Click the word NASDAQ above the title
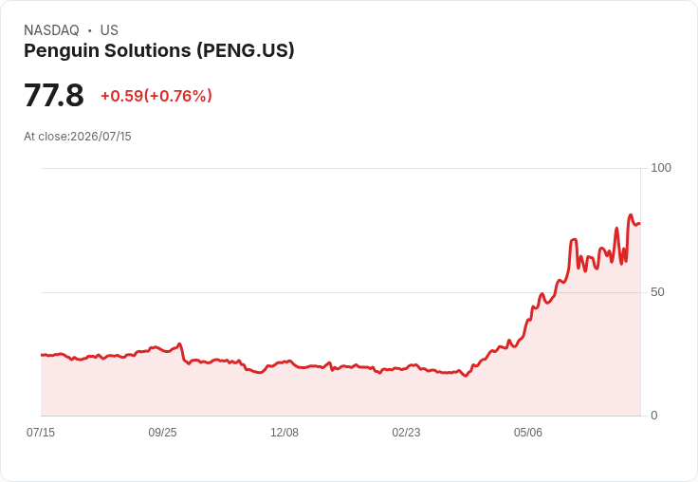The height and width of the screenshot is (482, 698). click(x=51, y=30)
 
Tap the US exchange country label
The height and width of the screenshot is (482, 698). click(x=109, y=30)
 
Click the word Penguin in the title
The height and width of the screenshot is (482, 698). click(x=63, y=51)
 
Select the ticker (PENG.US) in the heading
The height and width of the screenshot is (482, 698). click(x=246, y=50)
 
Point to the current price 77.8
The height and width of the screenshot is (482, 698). click(x=54, y=95)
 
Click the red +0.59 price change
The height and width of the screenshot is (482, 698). click(x=122, y=96)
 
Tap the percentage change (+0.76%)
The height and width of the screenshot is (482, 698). click(x=178, y=96)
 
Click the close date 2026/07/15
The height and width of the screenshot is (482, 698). click(x=101, y=137)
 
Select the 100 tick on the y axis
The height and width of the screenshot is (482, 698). click(x=661, y=168)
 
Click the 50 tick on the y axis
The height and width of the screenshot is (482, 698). click(x=657, y=292)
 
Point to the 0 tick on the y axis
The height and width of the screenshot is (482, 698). click(x=654, y=416)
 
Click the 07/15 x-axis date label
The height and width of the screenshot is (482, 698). click(x=41, y=432)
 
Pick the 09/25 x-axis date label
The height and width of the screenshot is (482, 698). click(x=162, y=432)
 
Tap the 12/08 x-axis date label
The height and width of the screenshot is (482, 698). click(x=285, y=432)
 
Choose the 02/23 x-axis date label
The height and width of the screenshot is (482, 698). click(x=406, y=432)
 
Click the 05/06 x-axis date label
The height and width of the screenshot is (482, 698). click(x=528, y=432)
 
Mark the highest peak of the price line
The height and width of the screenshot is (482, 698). click(x=631, y=215)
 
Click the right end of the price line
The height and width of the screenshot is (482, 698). click(x=640, y=224)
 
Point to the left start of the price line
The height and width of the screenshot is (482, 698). click(x=42, y=355)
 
